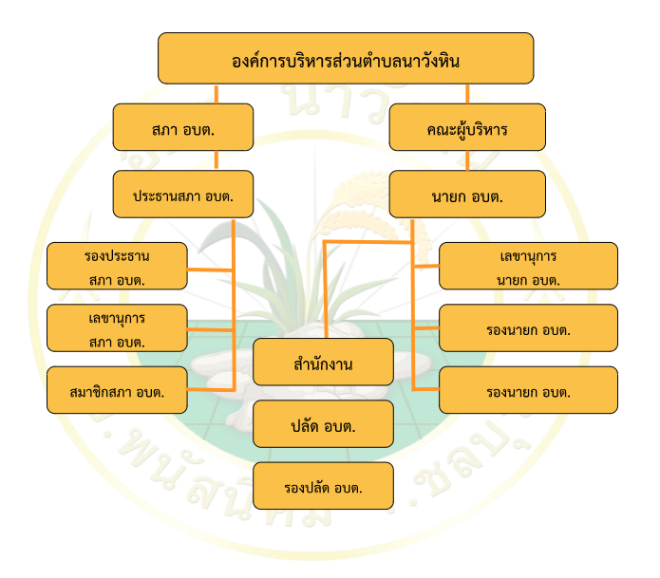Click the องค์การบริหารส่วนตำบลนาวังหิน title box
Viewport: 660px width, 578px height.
345,58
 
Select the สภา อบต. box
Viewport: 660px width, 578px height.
183,127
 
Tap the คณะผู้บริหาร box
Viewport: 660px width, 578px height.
467,127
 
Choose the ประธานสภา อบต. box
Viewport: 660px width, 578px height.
183,195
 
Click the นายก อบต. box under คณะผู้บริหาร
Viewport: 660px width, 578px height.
467,195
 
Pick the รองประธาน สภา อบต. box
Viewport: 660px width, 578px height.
117,266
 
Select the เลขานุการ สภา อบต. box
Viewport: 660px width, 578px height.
117,327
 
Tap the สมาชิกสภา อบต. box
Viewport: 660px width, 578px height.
117,390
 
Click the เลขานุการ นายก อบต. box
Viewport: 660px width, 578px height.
528,266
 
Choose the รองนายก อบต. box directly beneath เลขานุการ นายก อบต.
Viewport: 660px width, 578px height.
528,328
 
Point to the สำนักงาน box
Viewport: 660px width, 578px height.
323,363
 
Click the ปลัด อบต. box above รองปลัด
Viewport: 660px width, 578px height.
323,423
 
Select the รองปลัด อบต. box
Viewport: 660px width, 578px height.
323,485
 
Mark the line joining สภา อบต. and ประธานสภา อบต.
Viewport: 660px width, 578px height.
217,160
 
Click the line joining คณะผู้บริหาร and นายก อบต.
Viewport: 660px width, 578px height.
467,160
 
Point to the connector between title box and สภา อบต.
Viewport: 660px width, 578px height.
217,94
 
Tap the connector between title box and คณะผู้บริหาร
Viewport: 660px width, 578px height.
467,94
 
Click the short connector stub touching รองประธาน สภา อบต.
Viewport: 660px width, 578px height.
210,270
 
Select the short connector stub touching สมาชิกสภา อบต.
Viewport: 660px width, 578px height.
210,388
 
